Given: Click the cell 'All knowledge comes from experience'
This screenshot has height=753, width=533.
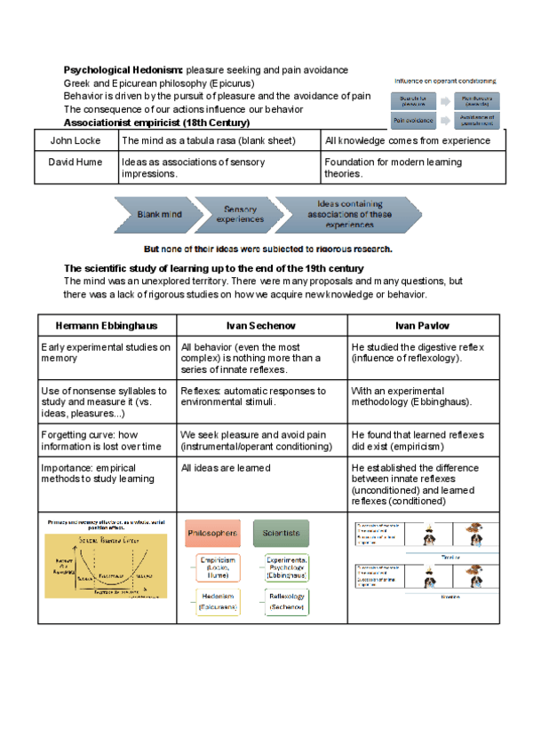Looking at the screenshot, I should (408, 140).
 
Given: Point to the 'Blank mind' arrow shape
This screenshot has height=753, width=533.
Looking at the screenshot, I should (160, 214).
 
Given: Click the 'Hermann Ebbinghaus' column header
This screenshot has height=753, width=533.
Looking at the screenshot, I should (107, 325).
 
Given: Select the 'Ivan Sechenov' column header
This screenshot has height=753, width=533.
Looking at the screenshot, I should (262, 325).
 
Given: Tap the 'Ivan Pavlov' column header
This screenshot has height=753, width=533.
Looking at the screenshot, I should (417, 325).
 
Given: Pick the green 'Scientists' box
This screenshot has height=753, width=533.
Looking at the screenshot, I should (281, 533).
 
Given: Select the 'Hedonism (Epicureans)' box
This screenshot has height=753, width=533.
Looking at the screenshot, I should (218, 603).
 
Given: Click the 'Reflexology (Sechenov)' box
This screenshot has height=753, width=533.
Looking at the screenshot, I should (288, 603).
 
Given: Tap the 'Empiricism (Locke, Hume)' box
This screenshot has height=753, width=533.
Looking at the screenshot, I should (218, 566).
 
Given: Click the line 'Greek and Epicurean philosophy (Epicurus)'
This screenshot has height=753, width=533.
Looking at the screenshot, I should (158, 83).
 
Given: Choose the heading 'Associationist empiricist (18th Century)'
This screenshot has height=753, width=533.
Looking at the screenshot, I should (156, 122).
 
